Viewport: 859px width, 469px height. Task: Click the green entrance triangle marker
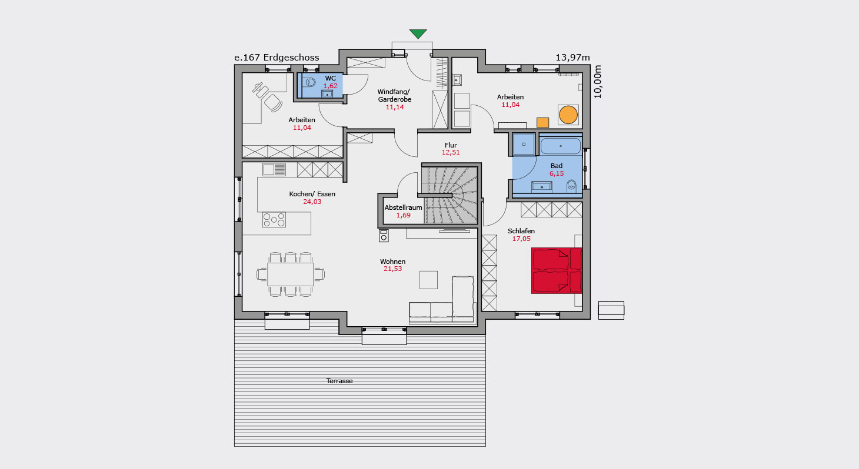pos(418,33)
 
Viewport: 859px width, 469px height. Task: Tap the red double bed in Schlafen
pos(557,270)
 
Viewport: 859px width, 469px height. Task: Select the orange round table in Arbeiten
pos(568,115)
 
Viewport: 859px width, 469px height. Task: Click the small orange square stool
pos(542,123)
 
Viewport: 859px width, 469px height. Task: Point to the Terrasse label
pos(339,381)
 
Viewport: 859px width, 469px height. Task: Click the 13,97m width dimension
pos(572,58)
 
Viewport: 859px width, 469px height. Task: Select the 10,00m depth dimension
pos(597,82)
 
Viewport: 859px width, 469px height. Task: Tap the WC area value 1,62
pos(330,86)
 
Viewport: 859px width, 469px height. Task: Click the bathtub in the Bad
pos(561,146)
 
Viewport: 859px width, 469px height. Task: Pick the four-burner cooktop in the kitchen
pos(274,220)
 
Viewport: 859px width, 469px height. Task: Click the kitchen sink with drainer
pos(274,170)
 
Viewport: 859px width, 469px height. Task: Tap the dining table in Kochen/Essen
pos(290,274)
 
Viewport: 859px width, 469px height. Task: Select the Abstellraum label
pos(403,207)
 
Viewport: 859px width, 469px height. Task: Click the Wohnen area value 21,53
pos(392,269)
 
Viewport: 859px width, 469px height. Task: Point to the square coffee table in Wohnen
pos(428,280)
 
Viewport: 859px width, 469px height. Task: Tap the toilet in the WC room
pos(309,82)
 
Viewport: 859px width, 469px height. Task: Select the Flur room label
pos(451,145)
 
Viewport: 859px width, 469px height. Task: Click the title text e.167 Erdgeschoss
pos(277,58)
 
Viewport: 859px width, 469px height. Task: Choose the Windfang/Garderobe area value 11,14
pos(395,108)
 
